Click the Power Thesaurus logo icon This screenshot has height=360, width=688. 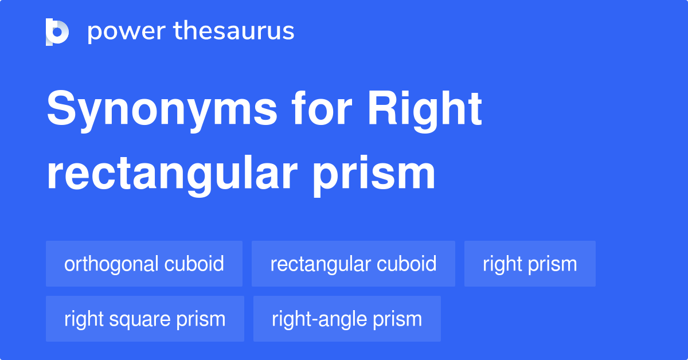coord(57,32)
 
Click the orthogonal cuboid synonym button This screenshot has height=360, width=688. coord(144,264)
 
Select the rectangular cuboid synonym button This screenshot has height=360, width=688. coord(353,264)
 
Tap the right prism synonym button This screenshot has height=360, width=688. coord(530,264)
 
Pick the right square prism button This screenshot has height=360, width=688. coord(145,319)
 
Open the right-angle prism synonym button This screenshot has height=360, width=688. coord(347,319)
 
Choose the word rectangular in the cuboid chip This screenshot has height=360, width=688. coord(320,264)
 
